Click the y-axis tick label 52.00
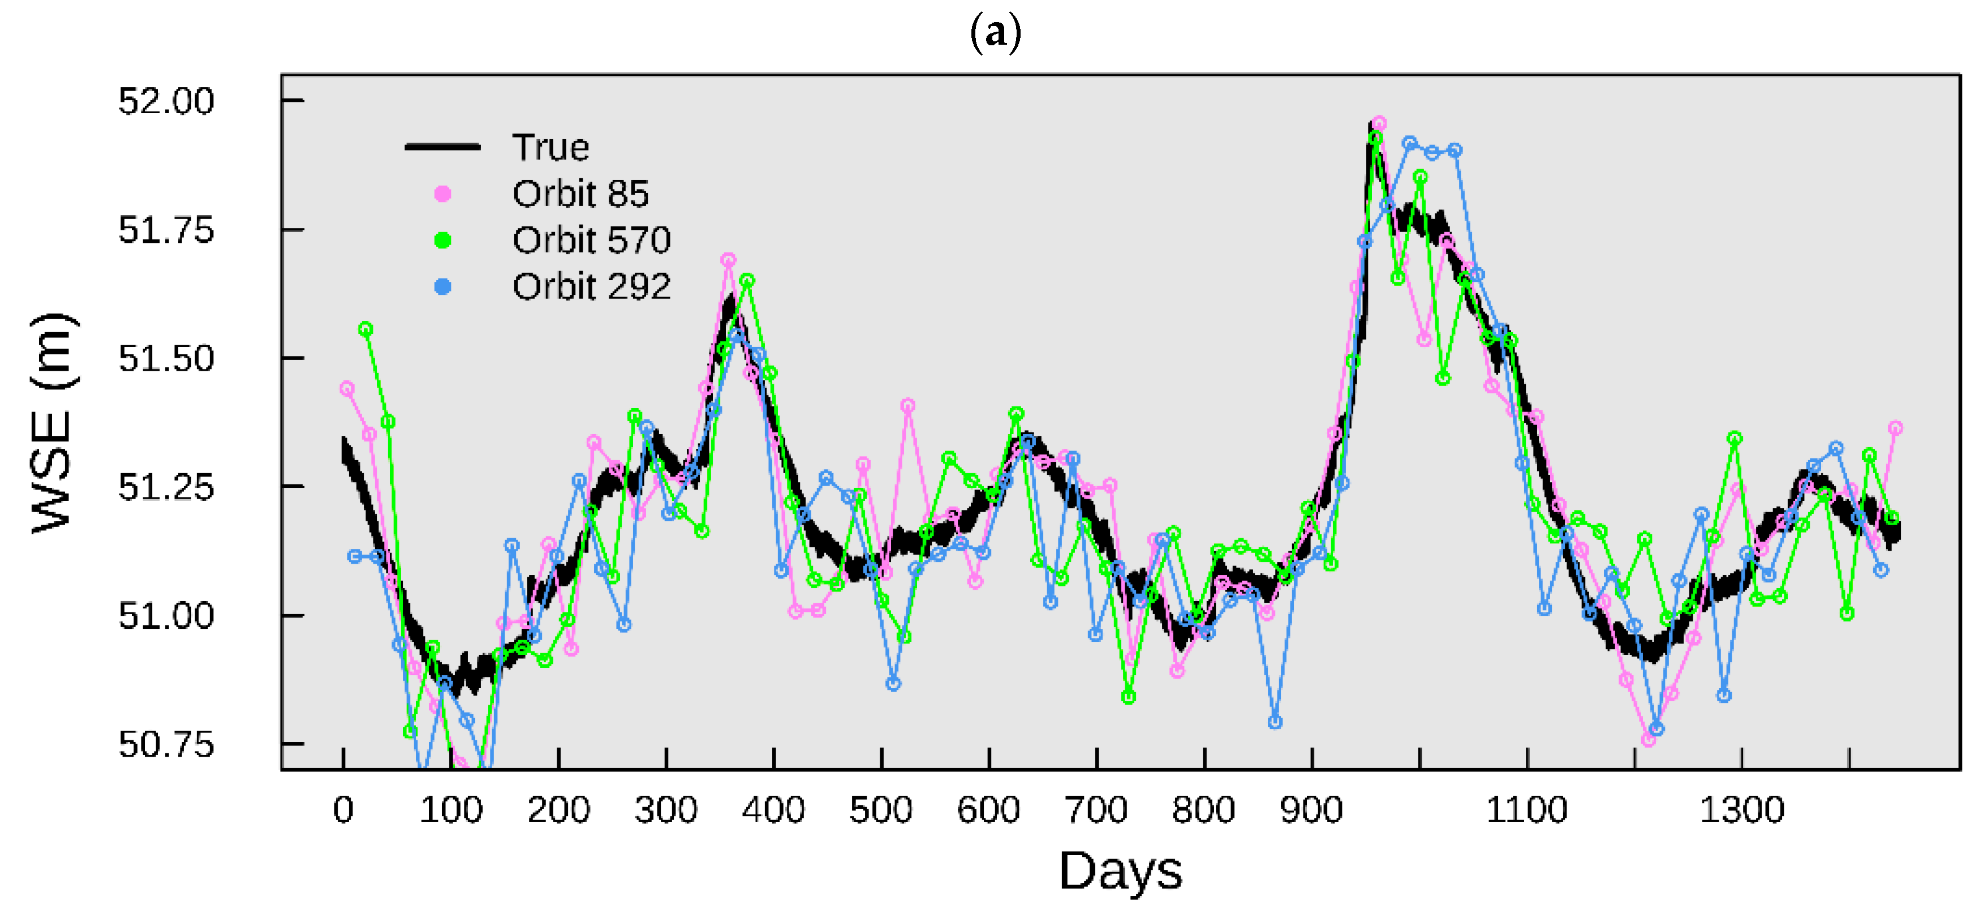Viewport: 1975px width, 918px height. [x=166, y=101]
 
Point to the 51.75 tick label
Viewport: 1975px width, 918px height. [x=166, y=230]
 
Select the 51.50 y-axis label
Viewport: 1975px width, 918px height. [x=166, y=359]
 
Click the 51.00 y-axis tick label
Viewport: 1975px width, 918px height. [x=166, y=616]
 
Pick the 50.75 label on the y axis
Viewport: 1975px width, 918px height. [x=166, y=744]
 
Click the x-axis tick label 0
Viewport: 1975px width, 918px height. [x=343, y=810]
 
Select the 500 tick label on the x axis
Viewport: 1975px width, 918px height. [x=881, y=810]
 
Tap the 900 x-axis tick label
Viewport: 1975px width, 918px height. [x=1311, y=810]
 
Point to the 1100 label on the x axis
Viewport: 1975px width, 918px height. [x=1526, y=810]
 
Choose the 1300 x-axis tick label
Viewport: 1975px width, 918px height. [x=1742, y=810]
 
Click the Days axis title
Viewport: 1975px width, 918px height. [x=1120, y=871]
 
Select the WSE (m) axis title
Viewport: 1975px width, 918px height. [x=52, y=423]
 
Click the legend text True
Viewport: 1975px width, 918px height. [x=550, y=147]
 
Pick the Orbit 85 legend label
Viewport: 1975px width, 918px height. [x=580, y=194]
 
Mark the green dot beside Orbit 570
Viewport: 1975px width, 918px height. [x=442, y=241]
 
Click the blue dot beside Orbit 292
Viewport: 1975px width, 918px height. [x=442, y=287]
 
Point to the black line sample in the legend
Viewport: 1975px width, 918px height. [x=442, y=147]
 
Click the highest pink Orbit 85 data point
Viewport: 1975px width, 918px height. [x=1379, y=123]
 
